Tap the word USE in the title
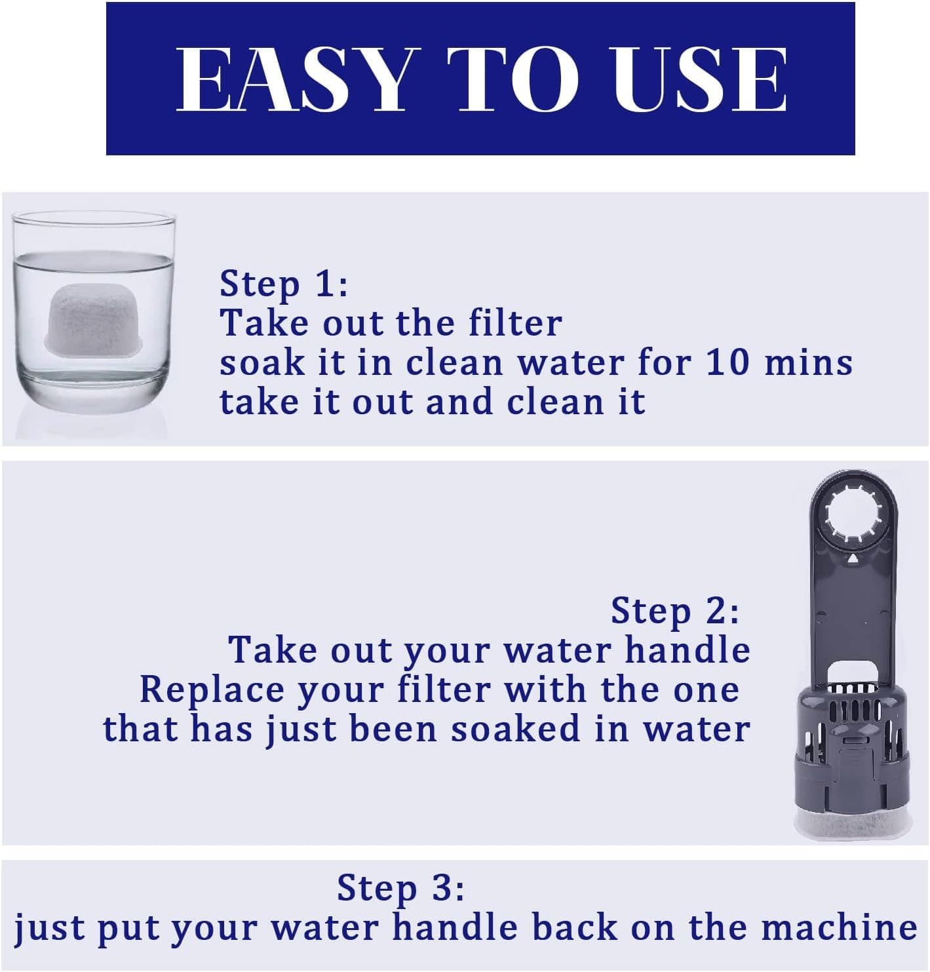click(700, 79)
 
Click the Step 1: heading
click(283, 283)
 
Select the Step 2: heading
click(675, 610)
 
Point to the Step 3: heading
click(400, 887)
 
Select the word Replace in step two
click(211, 690)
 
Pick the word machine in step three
click(839, 927)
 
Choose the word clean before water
click(454, 362)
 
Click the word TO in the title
click(513, 79)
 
